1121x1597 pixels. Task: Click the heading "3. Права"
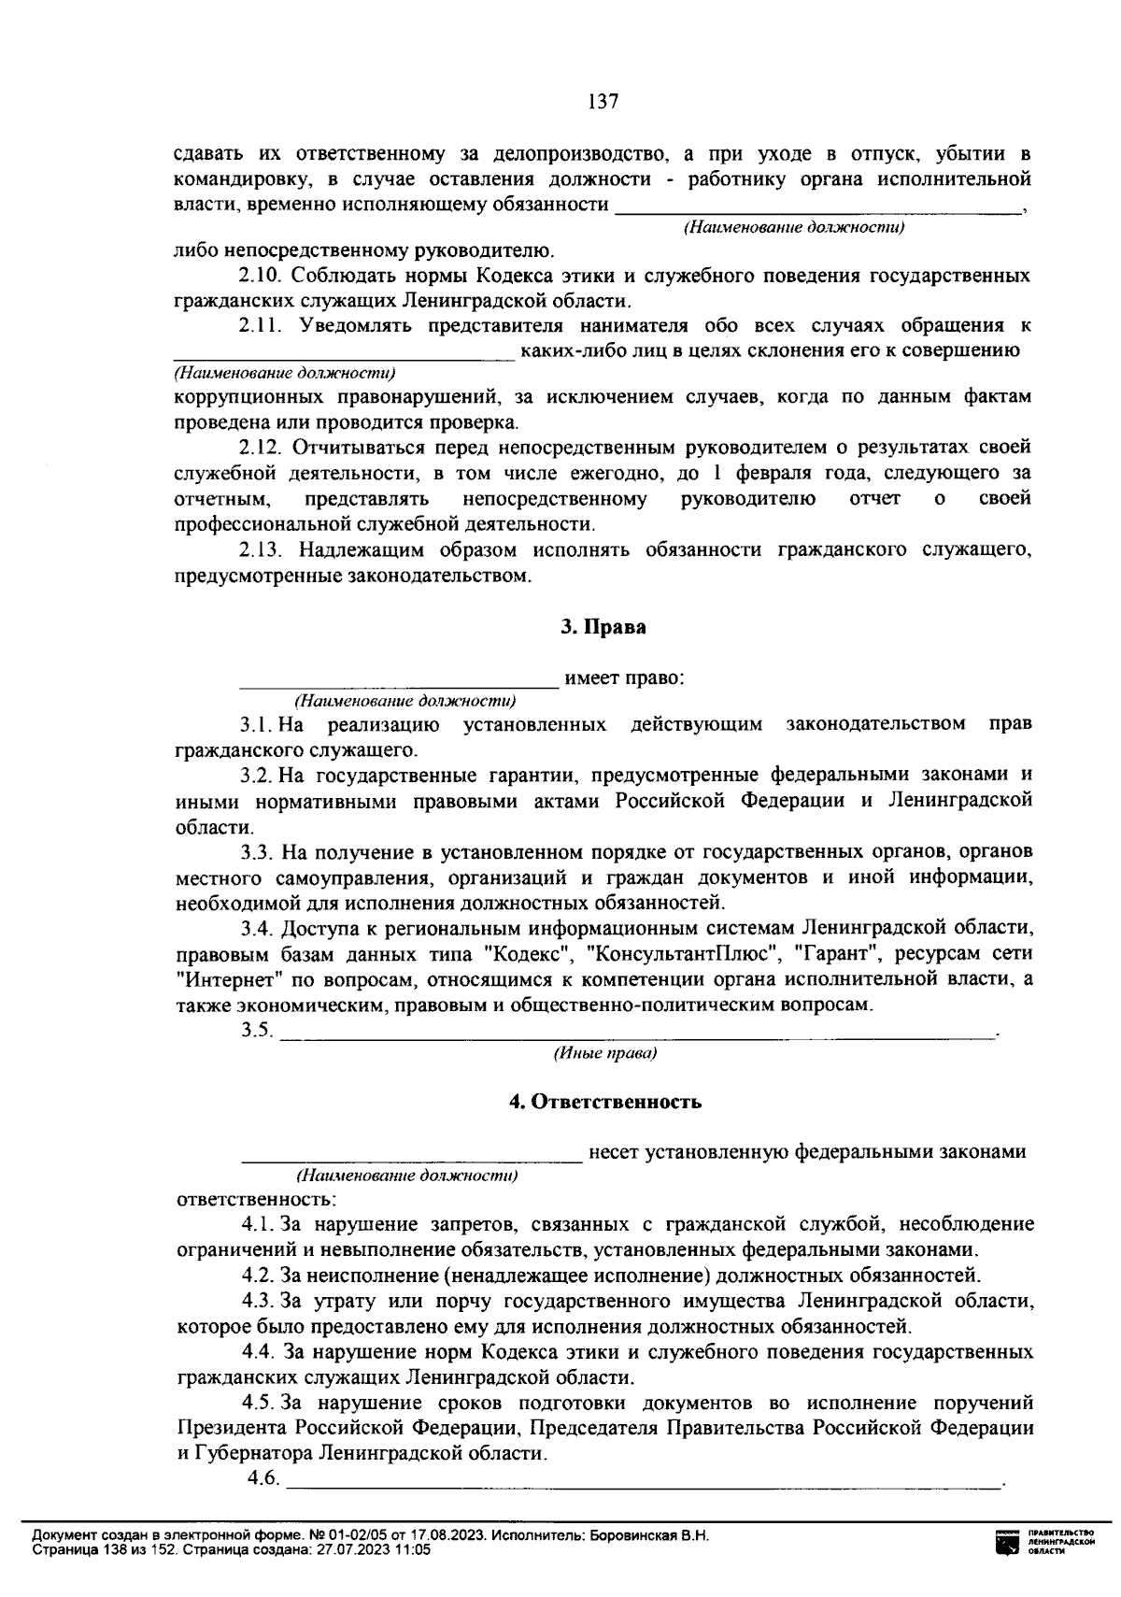point(603,628)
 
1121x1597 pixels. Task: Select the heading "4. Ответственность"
point(604,1102)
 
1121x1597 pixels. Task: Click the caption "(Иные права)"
point(604,1054)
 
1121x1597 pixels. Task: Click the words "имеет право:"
point(625,678)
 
